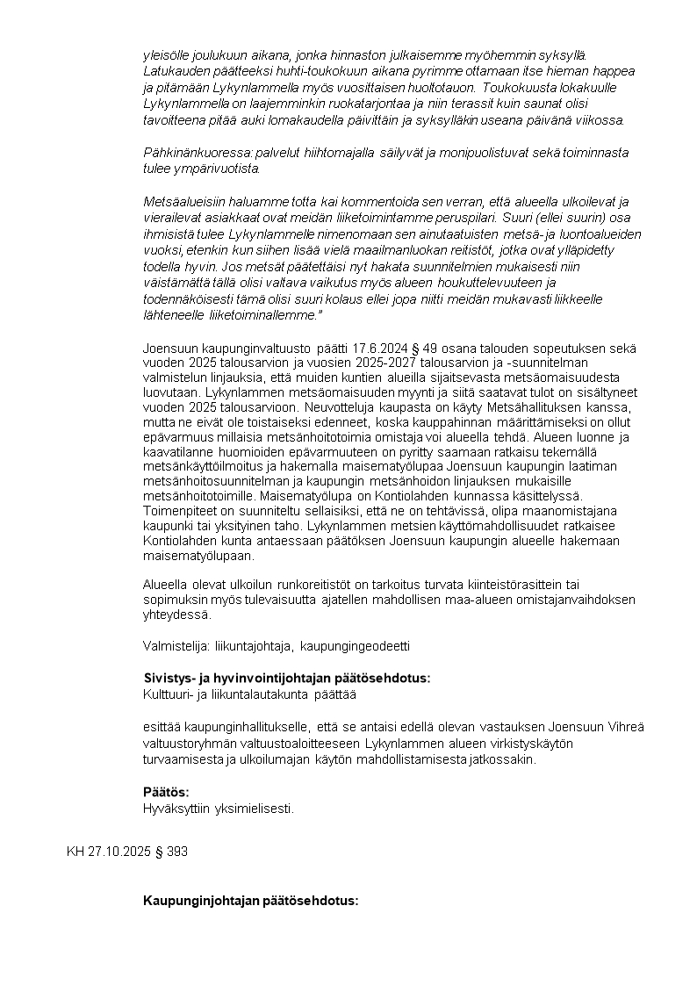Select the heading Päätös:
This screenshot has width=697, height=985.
(166, 792)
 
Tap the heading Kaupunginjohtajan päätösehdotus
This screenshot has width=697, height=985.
(251, 901)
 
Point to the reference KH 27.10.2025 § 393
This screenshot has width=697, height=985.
(127, 852)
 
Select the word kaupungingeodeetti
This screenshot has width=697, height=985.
(356, 646)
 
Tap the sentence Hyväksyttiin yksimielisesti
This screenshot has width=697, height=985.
(219, 809)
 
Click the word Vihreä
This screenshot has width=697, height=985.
(626, 727)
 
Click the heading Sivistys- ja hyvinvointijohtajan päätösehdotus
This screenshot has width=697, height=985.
(287, 679)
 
